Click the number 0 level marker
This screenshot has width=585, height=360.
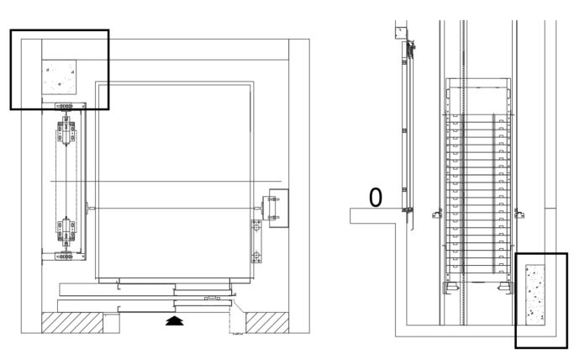pyautogui.click(x=376, y=198)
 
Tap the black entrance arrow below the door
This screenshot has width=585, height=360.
pyautogui.click(x=174, y=320)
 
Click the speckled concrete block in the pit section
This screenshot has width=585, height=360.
pyautogui.click(x=535, y=294)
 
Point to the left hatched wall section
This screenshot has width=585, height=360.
pyautogui.click(x=71, y=322)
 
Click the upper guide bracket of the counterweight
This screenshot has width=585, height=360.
pyautogui.click(x=67, y=133)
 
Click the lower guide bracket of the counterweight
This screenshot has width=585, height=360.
pyautogui.click(x=67, y=228)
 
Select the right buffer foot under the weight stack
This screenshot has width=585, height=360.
pyautogui.click(x=504, y=289)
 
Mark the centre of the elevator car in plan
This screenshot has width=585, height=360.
pyautogui.click(x=174, y=180)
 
